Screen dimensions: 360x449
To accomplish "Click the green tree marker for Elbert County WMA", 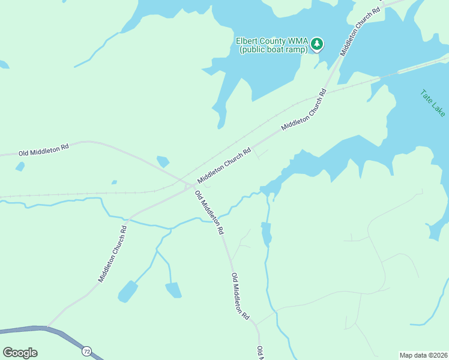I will pyautogui.click(x=317, y=43).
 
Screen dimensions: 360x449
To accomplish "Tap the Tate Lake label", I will pyautogui.click(x=433, y=103).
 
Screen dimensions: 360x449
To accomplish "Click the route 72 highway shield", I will pyautogui.click(x=88, y=350).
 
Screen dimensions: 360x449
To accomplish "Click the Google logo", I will pyautogui.click(x=20, y=353).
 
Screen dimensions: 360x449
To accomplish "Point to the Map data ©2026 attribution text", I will pyautogui.click(x=423, y=355).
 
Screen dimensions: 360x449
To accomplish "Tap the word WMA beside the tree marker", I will pyautogui.click(x=299, y=41).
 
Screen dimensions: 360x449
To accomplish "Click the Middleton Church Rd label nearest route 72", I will pyautogui.click(x=113, y=254).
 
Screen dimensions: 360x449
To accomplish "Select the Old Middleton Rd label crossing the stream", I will pyautogui.click(x=209, y=212).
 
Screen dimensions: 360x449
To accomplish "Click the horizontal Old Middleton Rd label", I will pyautogui.click(x=43, y=149).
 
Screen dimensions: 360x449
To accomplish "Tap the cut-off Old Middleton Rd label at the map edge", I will pyautogui.click(x=260, y=354).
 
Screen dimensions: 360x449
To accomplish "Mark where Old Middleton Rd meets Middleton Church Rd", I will pyautogui.click(x=191, y=184).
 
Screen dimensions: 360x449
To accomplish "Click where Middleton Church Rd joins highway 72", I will pyautogui.click(x=47, y=328).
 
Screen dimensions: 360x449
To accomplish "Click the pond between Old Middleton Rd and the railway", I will pyautogui.click(x=163, y=161).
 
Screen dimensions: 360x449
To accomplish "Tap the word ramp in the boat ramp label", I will pyautogui.click(x=297, y=50).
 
